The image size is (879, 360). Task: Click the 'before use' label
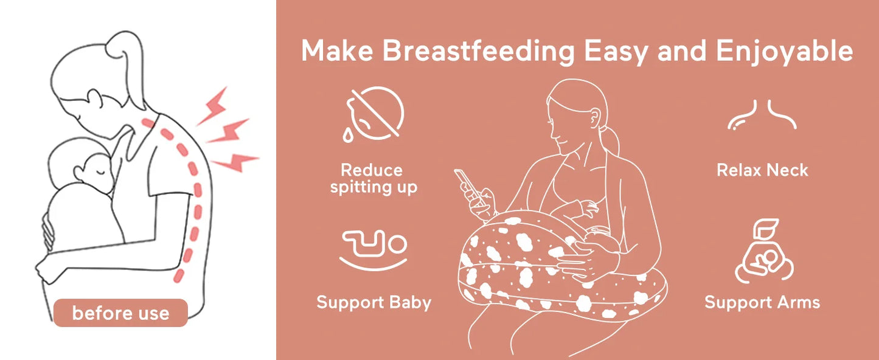pos(120,314)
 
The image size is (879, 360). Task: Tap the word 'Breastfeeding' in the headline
pos(478,51)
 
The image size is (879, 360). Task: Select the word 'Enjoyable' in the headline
pos(784,51)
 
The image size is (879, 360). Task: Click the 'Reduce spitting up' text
pos(373,178)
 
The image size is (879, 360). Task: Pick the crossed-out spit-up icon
pos(375,114)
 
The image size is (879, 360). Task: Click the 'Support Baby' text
pos(373,302)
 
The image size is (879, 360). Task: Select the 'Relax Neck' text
pos(762,170)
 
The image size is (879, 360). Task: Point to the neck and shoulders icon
pos(762,115)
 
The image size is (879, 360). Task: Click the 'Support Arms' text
pos(762,302)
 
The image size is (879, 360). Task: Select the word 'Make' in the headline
pos(337,51)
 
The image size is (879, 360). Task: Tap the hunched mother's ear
pos(94,97)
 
